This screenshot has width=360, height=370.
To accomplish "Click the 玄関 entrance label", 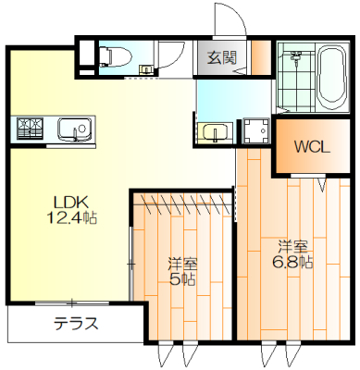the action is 222,57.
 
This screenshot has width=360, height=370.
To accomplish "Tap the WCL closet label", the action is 312,147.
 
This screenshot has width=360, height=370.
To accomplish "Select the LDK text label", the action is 71,203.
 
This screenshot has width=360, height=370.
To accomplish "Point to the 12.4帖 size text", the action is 71,218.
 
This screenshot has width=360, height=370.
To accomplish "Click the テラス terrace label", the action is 76,324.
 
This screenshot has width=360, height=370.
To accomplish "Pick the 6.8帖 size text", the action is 292,263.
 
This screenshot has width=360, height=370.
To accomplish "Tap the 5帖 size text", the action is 182,279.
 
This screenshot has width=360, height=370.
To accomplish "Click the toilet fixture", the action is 116,56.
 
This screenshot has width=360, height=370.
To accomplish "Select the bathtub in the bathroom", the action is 333,78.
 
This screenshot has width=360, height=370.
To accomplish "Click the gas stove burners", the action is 30,128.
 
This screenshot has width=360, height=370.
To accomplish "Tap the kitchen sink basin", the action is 74,129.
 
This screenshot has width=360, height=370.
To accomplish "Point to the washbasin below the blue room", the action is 216,132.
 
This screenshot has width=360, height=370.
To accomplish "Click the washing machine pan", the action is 255,130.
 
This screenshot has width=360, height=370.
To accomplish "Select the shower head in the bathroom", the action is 296,57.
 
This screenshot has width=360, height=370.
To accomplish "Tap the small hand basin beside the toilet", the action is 145,69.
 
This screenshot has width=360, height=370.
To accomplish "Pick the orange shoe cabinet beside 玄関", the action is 261,57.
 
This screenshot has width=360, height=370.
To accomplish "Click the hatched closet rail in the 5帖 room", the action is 182,204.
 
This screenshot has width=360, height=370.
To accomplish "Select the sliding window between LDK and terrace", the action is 72,303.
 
